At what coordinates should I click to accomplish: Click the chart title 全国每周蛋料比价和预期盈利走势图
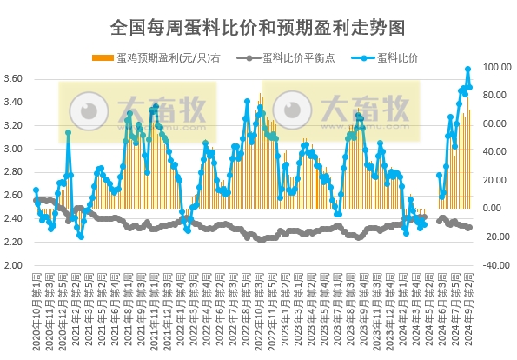click(258, 27)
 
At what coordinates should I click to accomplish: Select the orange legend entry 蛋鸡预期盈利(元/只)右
click(162, 58)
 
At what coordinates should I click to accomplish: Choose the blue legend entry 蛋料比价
click(388, 58)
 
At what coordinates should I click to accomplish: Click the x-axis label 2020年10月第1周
click(36, 309)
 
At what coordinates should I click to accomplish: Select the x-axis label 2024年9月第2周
click(469, 309)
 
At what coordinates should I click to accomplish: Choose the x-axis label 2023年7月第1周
click(336, 309)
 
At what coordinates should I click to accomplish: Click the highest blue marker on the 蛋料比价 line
click(468, 69)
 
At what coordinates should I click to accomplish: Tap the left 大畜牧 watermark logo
click(138, 112)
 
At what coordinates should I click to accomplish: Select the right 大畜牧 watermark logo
click(341, 112)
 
